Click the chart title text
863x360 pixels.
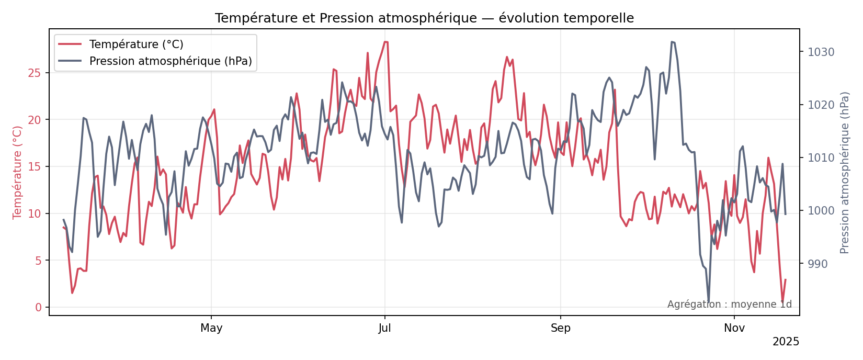tap(424, 18)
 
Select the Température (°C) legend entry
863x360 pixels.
tap(136, 44)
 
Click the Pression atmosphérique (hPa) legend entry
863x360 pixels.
tap(171, 61)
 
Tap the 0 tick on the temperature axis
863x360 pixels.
tap(38, 307)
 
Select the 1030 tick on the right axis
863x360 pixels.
tap(821, 52)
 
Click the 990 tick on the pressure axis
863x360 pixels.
tap(817, 264)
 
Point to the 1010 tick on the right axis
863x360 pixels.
tap(821, 157)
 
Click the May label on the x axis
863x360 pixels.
tap(211, 328)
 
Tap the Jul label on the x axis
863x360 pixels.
tap(385, 328)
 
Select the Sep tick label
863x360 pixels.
tap(561, 328)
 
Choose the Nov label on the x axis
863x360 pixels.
tap(734, 328)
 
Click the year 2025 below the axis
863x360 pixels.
tap(786, 342)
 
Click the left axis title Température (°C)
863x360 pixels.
tap(18, 172)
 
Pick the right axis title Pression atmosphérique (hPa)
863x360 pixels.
tap(845, 172)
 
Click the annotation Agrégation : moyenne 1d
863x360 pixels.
tap(729, 305)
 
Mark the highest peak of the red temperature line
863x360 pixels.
tap(385, 42)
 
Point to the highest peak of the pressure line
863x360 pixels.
tap(672, 42)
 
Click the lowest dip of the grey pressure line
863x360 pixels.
tap(709, 301)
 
